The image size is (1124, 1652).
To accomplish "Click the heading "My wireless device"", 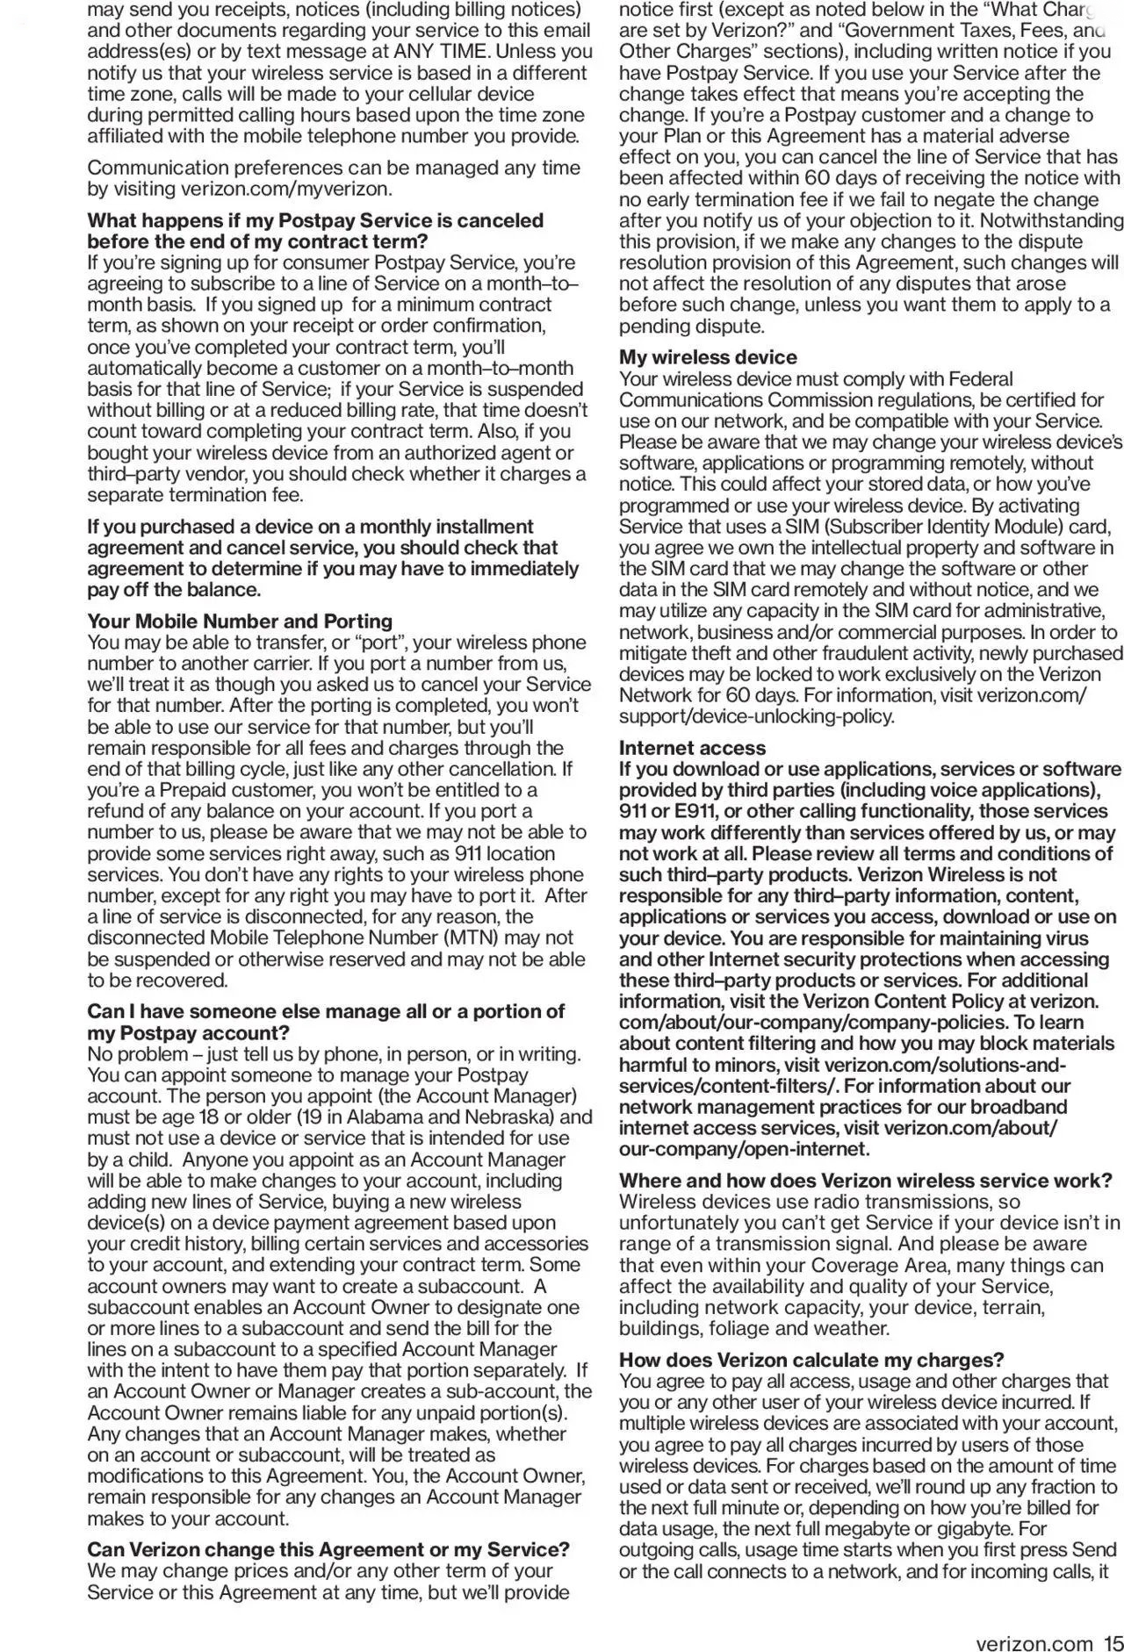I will [708, 357].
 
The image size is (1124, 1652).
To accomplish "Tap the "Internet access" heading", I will [692, 748].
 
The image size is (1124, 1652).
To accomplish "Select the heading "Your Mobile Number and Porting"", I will [240, 621].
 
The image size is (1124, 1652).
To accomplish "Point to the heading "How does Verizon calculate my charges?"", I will [811, 1361].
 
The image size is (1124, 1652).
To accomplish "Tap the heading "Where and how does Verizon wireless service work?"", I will [866, 1181].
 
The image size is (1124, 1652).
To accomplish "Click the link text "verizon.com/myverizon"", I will [286, 189].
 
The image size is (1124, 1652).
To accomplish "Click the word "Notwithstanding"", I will [1052, 221].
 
